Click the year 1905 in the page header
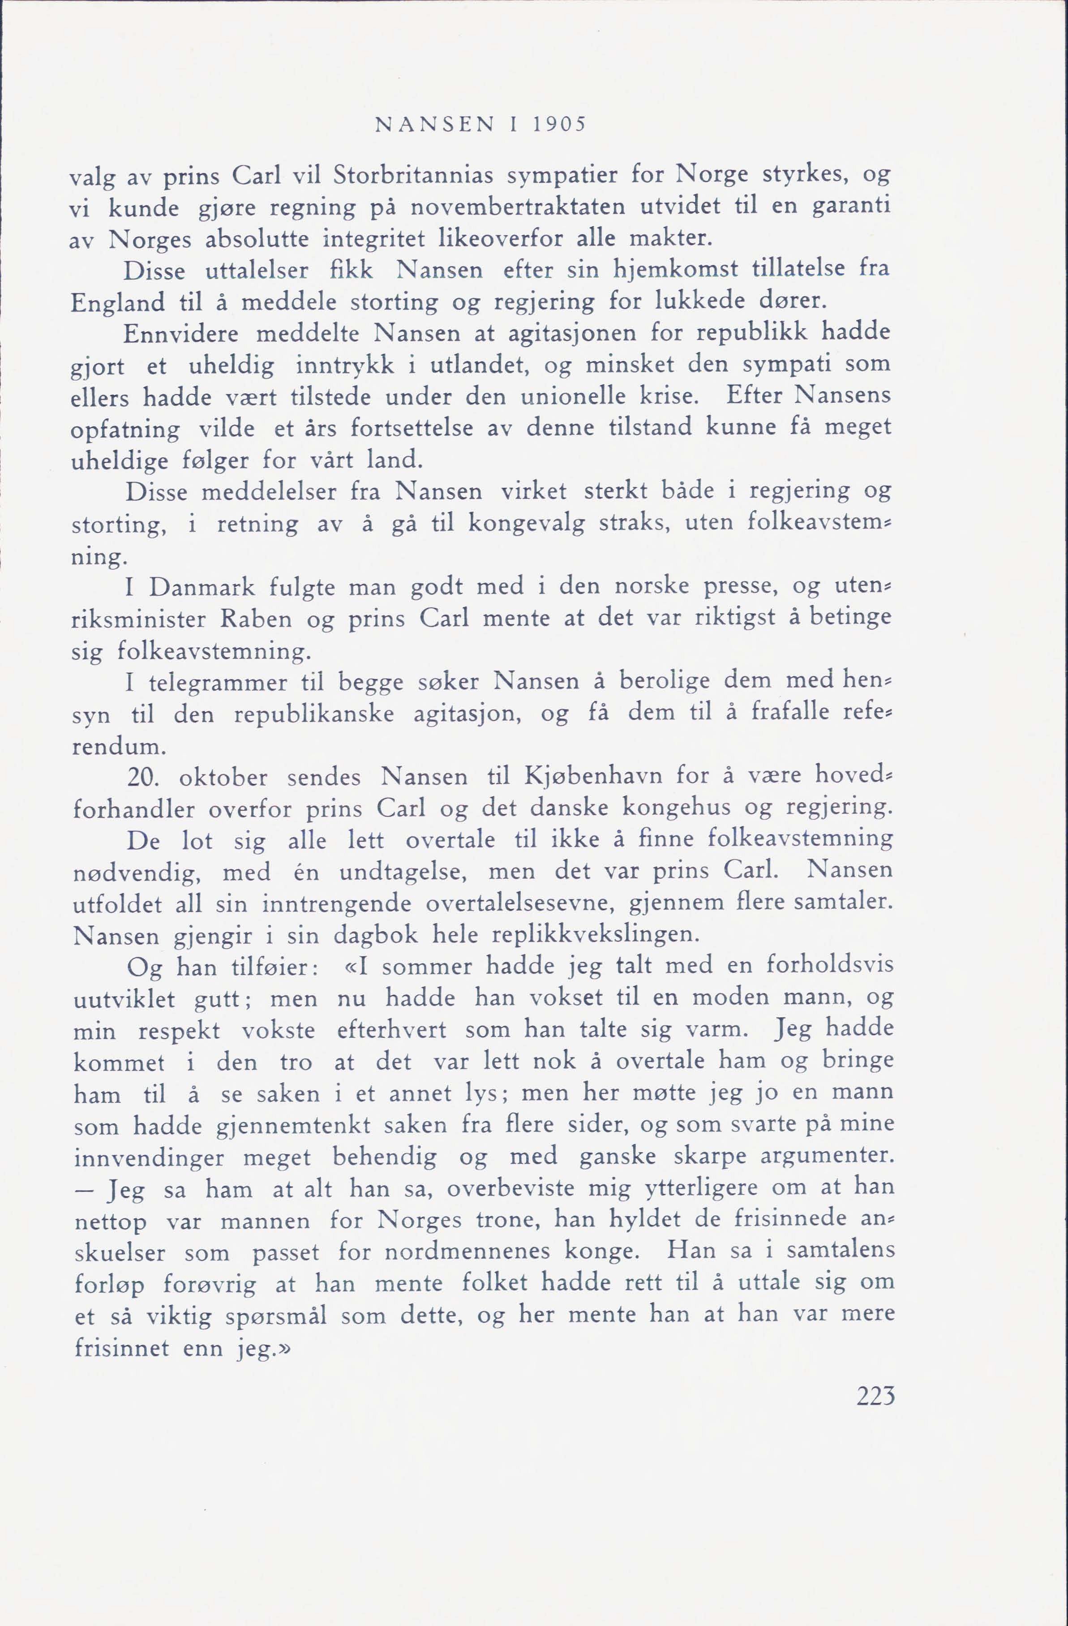pyautogui.click(x=558, y=125)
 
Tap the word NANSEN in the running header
pyautogui.click(x=434, y=125)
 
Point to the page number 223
pyautogui.click(x=875, y=1395)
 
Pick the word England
pyautogui.click(x=117, y=303)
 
